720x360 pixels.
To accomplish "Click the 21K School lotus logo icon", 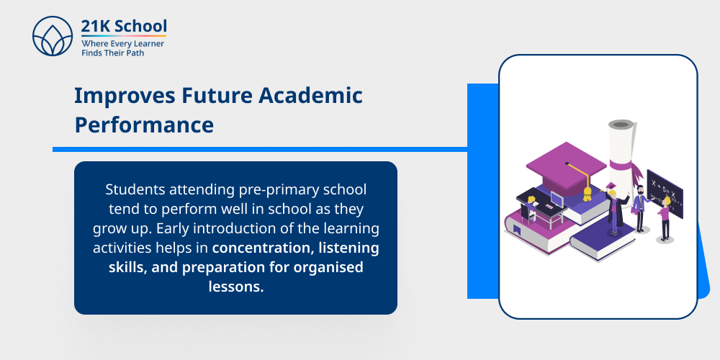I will (x=52, y=36).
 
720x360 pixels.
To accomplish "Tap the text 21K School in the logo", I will (x=124, y=27).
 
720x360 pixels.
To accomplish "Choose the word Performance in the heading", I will (x=144, y=125).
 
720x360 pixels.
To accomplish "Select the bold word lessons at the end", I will (x=236, y=287).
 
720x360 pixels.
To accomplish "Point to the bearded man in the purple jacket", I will (x=638, y=207).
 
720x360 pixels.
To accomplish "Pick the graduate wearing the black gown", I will (x=614, y=209).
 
